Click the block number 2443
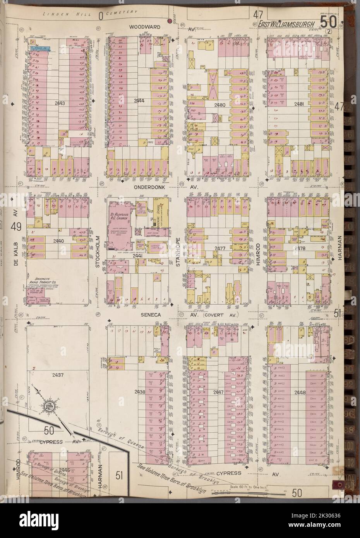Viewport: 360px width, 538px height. point(60,103)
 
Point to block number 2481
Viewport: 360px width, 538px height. point(299,104)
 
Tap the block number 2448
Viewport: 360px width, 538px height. point(299,392)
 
